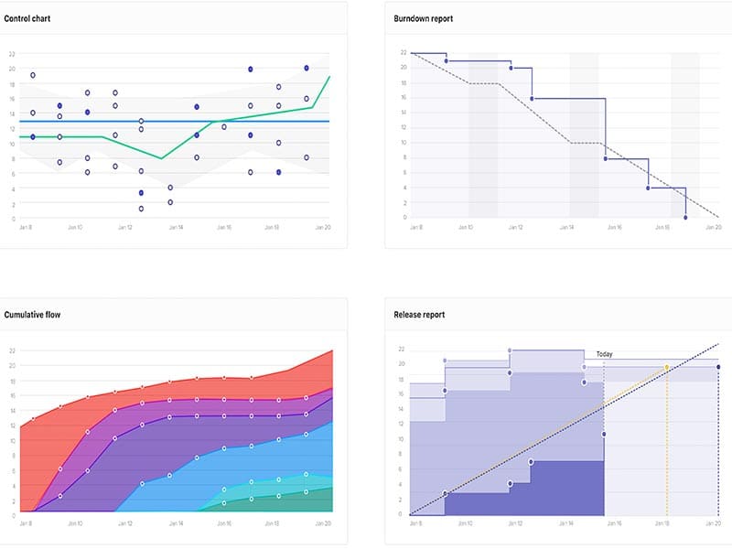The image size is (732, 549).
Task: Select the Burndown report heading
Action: (423, 18)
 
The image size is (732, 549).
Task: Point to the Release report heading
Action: (419, 315)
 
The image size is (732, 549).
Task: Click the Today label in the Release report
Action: (605, 354)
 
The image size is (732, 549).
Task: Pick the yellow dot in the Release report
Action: (667, 368)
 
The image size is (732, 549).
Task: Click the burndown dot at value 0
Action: (685, 218)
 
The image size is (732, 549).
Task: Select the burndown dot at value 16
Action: (532, 99)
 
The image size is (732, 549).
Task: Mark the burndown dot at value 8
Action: (606, 159)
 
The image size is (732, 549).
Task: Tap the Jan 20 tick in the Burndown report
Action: (714, 227)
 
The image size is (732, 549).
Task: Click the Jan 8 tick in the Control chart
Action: (26, 227)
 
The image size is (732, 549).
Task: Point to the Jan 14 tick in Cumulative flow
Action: (176, 524)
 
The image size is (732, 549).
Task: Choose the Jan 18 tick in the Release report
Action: (663, 523)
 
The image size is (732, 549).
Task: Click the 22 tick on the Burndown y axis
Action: (404, 53)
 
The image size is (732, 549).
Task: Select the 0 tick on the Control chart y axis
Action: (12, 219)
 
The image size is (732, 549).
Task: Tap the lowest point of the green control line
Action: (162, 158)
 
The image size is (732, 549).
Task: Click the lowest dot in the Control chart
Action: (141, 209)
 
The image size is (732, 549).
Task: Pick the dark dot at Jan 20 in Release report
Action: (718, 367)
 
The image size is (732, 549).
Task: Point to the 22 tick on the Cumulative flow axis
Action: (11, 350)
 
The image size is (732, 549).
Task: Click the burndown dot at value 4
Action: (648, 188)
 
